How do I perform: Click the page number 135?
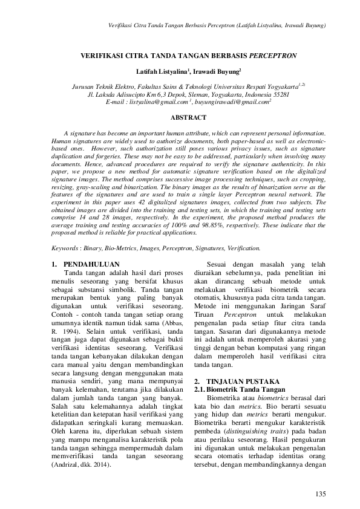pyautogui.click(x=321, y=495)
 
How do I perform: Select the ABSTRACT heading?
pyautogui.click(x=189, y=117)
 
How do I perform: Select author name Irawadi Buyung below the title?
pyautogui.click(x=216, y=71)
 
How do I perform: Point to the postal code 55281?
pyautogui.click(x=281, y=94)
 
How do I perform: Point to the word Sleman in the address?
pyautogui.click(x=178, y=94)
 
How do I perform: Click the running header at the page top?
pyautogui.click(x=217, y=25)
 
